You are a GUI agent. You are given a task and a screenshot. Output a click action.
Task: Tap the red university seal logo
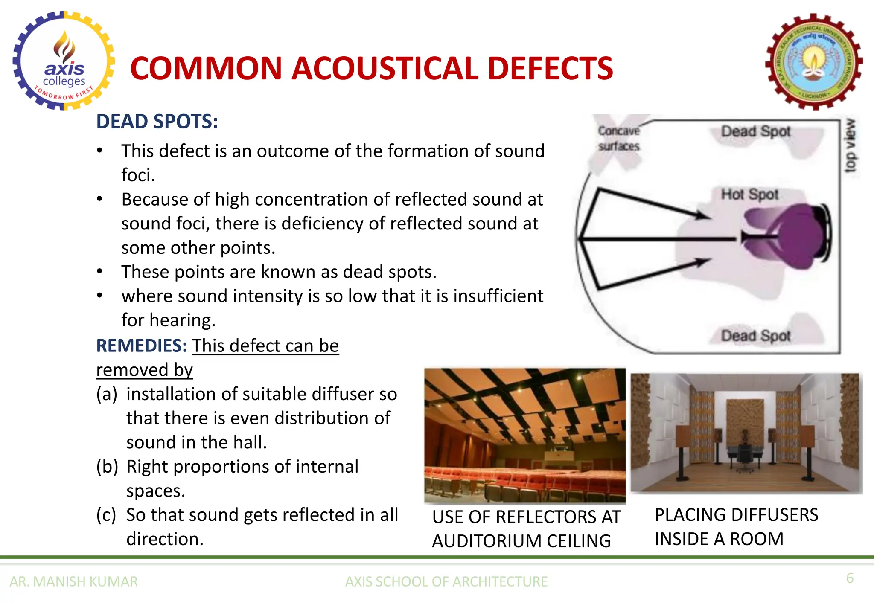[x=814, y=62]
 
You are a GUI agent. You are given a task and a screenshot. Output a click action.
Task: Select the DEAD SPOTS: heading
[x=157, y=122]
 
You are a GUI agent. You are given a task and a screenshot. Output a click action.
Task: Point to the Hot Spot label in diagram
[x=750, y=195]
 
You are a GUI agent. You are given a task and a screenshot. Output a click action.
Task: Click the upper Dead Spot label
[x=756, y=131]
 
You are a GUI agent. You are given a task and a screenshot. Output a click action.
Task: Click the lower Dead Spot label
[x=756, y=336]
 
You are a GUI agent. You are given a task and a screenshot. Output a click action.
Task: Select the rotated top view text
[x=850, y=145]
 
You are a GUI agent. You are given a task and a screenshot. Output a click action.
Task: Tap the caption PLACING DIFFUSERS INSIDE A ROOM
[x=736, y=527]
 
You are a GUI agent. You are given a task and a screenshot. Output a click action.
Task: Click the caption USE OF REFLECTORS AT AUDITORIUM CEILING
[x=526, y=529]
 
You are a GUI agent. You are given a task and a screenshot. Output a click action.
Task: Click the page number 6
[x=850, y=578]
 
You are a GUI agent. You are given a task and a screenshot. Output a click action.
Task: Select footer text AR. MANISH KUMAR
[x=74, y=582]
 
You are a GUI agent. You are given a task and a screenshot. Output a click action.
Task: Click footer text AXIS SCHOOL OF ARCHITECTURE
[x=446, y=582]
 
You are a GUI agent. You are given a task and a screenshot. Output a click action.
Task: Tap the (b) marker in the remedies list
[x=107, y=467]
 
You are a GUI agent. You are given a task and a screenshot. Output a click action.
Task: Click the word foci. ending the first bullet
[x=138, y=175]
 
